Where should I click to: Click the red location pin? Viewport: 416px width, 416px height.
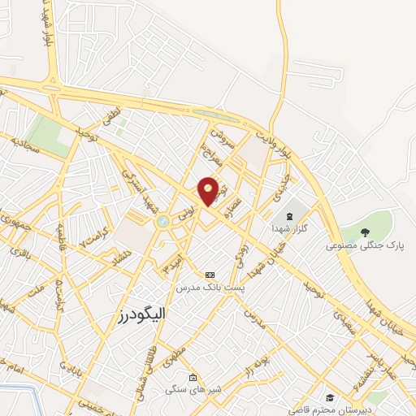tap(209, 191)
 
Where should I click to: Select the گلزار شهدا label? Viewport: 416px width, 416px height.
tap(290, 230)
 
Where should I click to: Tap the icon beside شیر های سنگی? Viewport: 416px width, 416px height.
tap(193, 378)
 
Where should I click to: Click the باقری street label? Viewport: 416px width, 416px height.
tap(18, 253)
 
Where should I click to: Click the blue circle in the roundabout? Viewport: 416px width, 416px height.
tap(162, 220)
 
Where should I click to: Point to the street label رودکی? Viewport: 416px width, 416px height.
tap(241, 258)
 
